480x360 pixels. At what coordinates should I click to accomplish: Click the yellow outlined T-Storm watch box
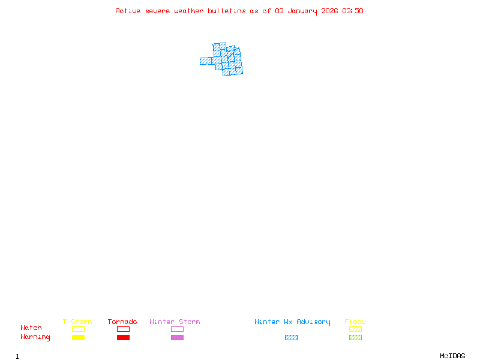click(78, 329)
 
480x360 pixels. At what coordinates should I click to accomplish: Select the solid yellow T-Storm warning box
click(78, 337)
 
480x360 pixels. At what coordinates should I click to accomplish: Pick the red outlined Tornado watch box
click(123, 329)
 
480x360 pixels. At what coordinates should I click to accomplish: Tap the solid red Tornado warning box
click(123, 337)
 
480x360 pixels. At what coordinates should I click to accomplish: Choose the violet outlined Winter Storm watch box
click(177, 329)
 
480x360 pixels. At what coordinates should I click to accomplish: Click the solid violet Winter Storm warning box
click(177, 337)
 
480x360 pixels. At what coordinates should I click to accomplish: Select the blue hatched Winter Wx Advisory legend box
click(291, 337)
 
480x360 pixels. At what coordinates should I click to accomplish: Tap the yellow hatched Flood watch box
click(355, 329)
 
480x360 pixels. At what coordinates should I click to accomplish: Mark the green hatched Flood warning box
click(355, 337)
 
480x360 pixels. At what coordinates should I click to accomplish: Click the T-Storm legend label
click(77, 322)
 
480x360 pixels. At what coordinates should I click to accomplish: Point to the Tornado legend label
click(122, 322)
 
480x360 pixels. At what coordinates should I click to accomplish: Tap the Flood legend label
click(355, 322)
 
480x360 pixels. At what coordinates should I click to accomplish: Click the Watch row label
click(31, 328)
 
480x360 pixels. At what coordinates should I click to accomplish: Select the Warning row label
click(35, 337)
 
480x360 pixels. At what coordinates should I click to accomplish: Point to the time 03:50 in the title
click(353, 11)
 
